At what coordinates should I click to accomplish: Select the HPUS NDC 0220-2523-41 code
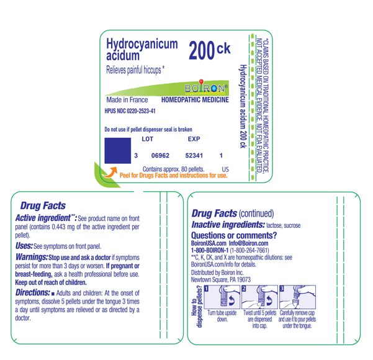coord(130,110)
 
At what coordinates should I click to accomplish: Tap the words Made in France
coord(127,100)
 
